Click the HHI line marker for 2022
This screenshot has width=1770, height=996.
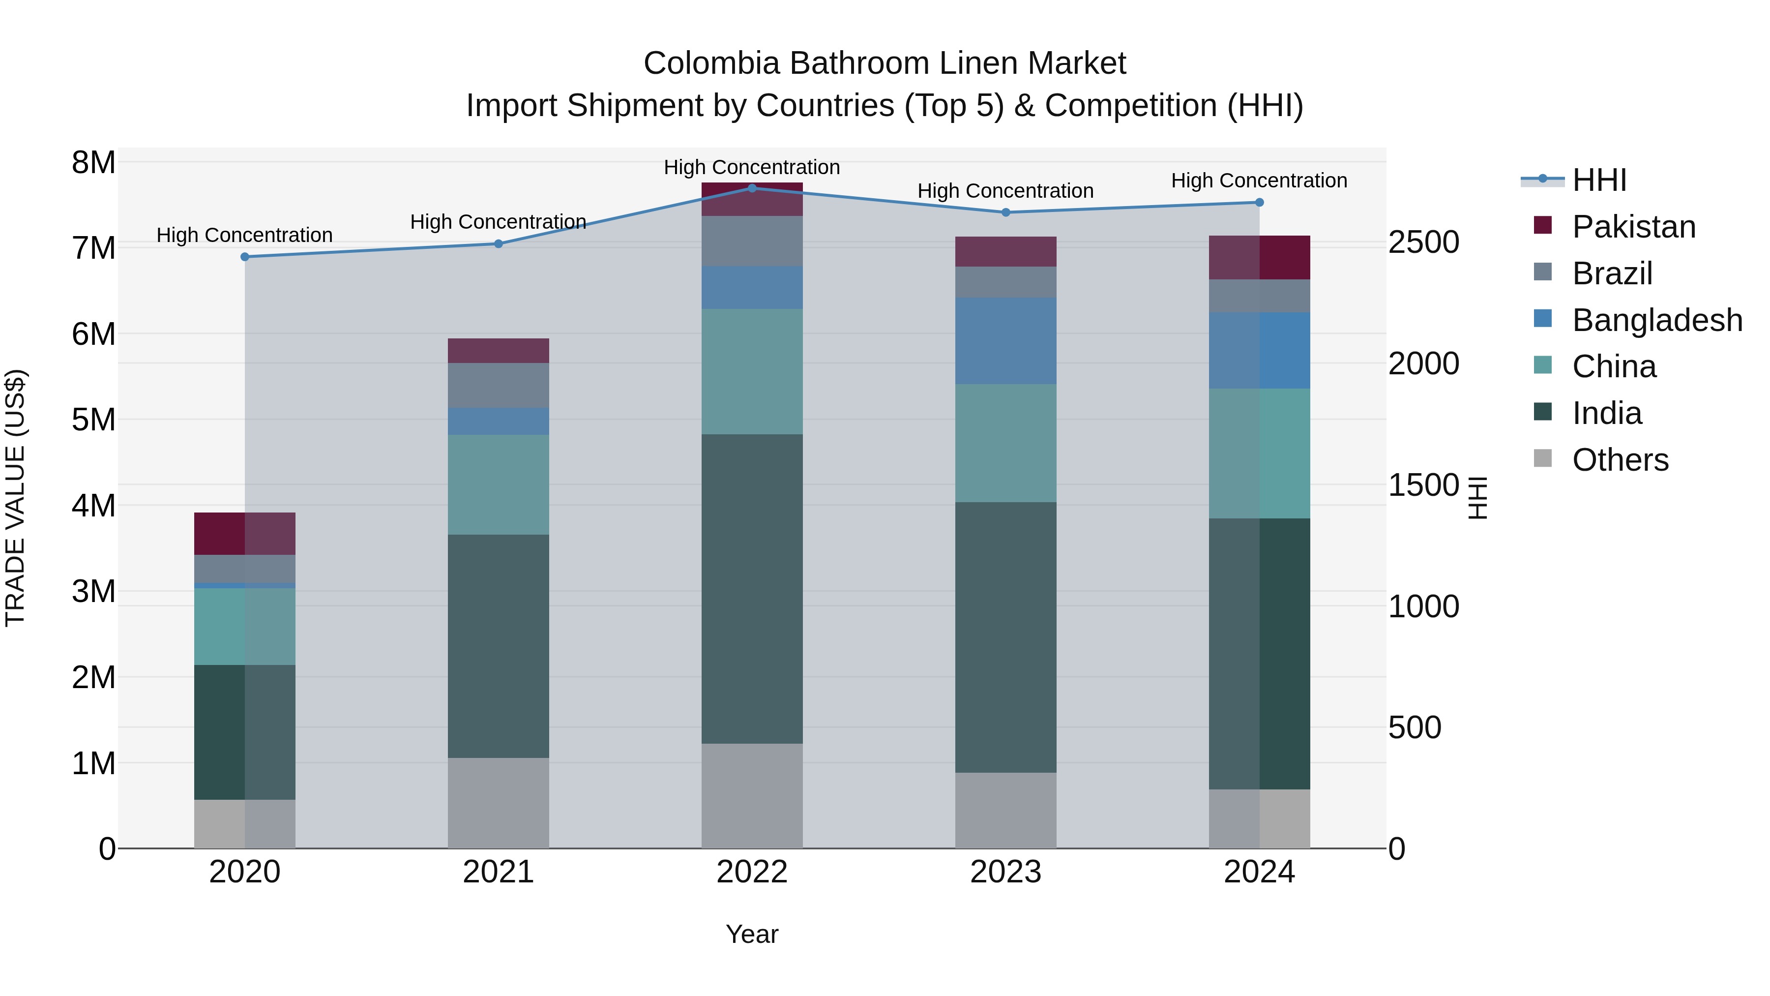tap(752, 188)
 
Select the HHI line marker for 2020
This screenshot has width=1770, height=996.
tap(245, 256)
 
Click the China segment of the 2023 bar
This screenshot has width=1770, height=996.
tap(1005, 443)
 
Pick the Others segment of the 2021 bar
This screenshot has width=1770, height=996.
tap(498, 802)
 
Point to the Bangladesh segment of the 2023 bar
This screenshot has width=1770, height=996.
tap(1005, 340)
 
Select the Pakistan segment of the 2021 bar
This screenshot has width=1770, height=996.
tap(498, 351)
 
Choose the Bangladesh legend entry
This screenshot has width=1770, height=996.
tap(1656, 320)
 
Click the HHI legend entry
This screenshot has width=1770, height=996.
tap(1599, 180)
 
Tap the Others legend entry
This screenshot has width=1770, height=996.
tap(1620, 460)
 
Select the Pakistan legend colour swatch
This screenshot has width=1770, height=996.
tap(1542, 225)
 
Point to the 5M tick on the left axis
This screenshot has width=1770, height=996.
tap(93, 419)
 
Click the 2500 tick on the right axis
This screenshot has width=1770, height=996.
tap(1423, 242)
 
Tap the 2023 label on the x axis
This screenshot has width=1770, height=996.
tap(1005, 872)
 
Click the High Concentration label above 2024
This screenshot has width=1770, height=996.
tap(1259, 181)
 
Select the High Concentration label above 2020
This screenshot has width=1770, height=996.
tap(245, 235)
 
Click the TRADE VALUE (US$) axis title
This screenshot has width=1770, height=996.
tap(15, 498)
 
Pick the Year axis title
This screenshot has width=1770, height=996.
tap(752, 934)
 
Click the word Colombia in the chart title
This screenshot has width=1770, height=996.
tap(711, 63)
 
